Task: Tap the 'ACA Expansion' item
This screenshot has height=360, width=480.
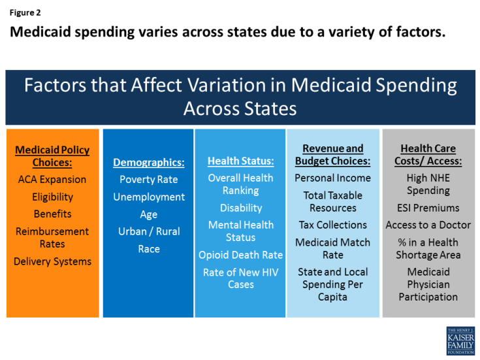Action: click(52, 180)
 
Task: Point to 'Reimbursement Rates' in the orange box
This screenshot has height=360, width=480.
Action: click(52, 237)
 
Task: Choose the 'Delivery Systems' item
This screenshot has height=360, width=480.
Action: click(52, 261)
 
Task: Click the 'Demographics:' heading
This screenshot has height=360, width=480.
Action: click(148, 163)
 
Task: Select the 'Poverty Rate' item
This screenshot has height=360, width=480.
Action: click(148, 180)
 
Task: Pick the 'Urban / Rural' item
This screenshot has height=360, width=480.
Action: click(148, 231)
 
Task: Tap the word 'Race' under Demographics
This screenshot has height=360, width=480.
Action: click(148, 249)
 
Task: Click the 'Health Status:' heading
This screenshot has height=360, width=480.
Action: click(240, 161)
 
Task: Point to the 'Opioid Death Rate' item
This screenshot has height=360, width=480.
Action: click(240, 255)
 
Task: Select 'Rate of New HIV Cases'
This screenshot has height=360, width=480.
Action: click(240, 278)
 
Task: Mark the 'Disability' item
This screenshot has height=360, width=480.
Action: click(240, 208)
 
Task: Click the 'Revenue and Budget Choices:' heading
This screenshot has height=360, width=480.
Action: click(332, 155)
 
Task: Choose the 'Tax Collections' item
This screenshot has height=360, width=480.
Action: click(332, 225)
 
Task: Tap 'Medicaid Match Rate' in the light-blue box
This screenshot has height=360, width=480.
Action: click(332, 248)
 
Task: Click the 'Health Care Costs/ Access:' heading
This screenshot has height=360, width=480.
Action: click(428, 155)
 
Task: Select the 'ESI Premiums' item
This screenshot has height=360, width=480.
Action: click(428, 208)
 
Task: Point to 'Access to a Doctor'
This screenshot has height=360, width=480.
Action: click(428, 225)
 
